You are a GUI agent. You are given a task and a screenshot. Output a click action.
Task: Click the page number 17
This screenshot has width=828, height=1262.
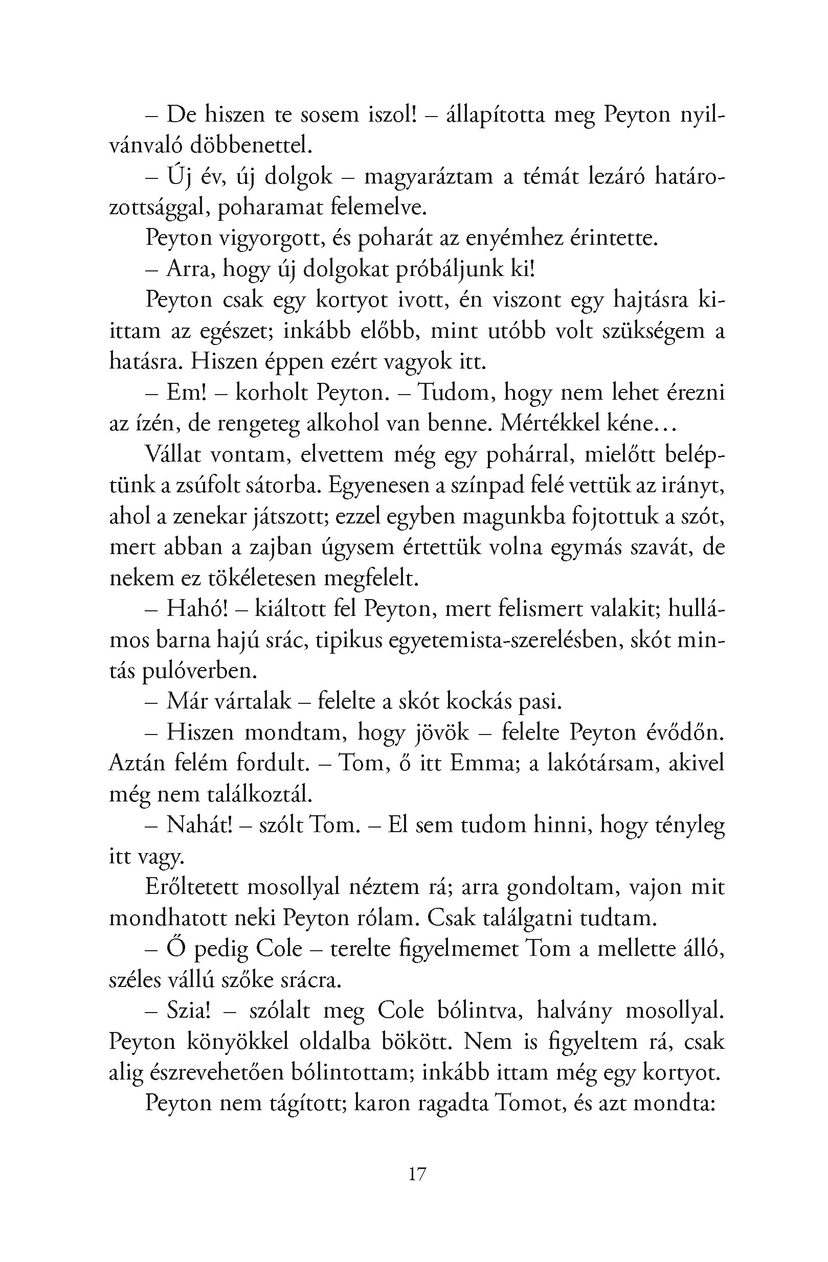click(417, 1175)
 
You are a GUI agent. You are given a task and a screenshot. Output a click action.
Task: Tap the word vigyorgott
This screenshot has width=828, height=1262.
click(269, 239)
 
